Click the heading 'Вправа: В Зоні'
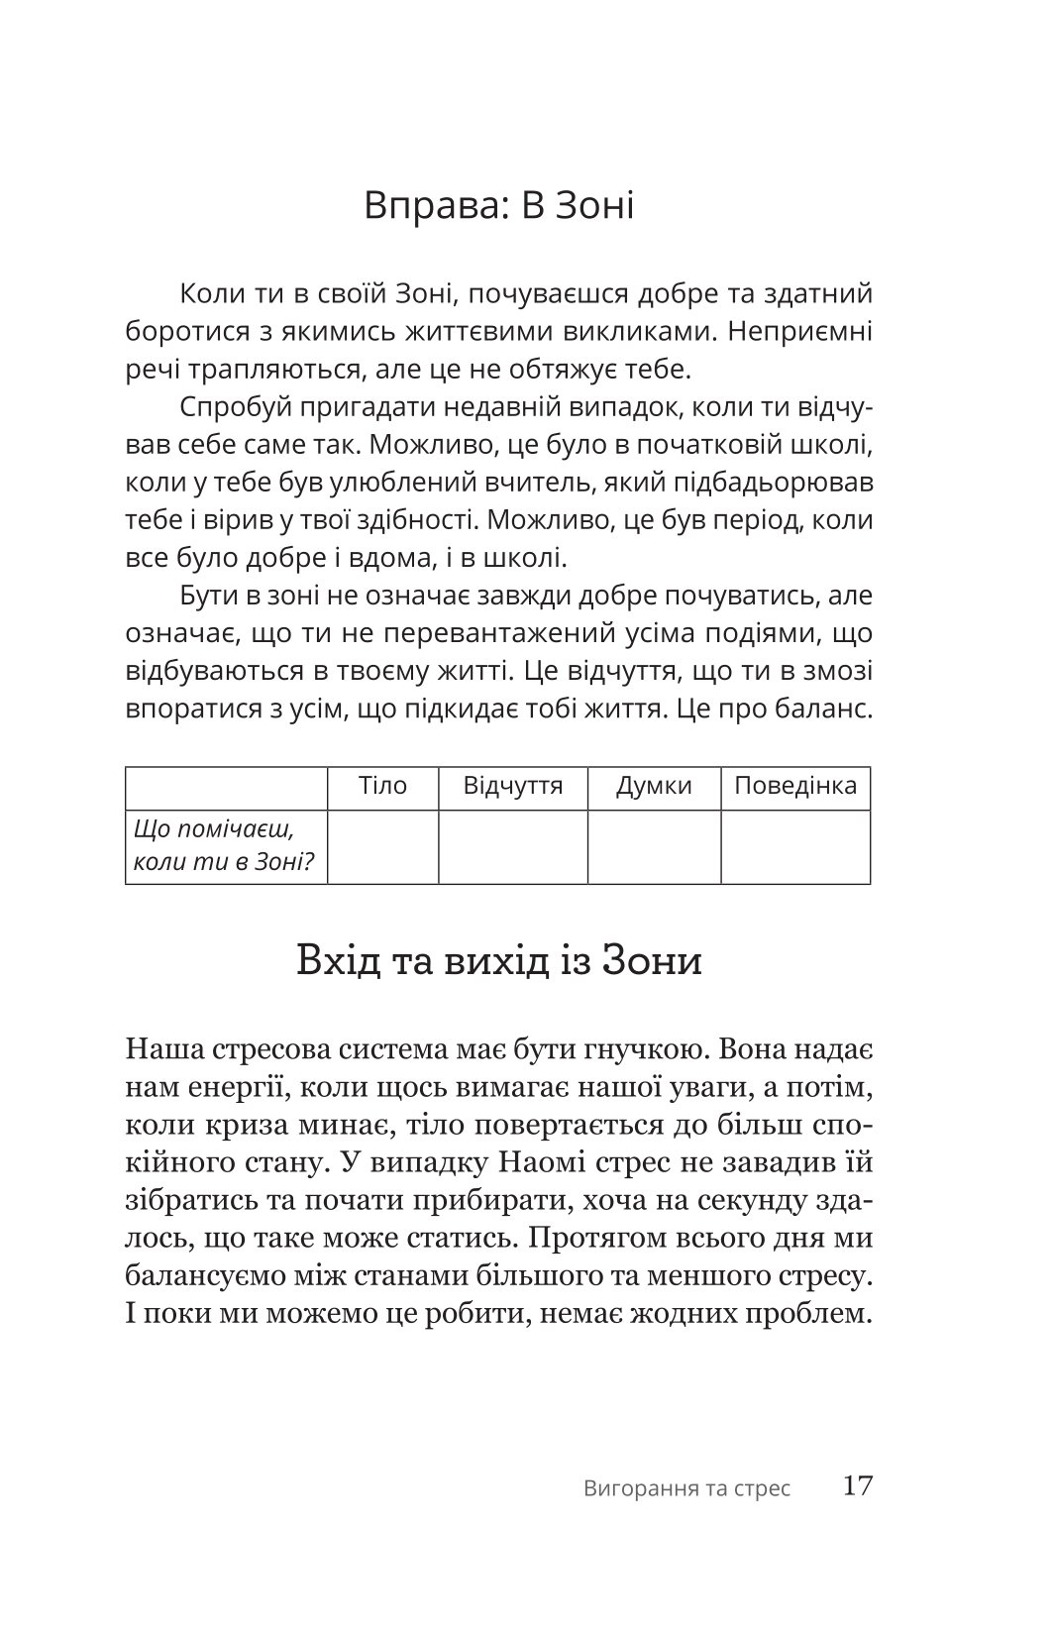pyautogui.click(x=498, y=206)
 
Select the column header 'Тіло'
pyautogui.click(x=382, y=787)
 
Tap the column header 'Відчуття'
pyautogui.click(x=512, y=787)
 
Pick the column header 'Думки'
pyautogui.click(x=654, y=787)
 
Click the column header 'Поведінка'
pyautogui.click(x=794, y=787)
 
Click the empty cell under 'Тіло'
pyautogui.click(x=382, y=846)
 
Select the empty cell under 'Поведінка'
pyautogui.click(x=794, y=846)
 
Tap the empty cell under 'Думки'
pyautogui.click(x=654, y=846)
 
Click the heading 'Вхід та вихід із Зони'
pyautogui.click(x=498, y=961)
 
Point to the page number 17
pyautogui.click(x=856, y=1486)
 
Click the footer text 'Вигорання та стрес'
pyautogui.click(x=686, y=1488)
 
